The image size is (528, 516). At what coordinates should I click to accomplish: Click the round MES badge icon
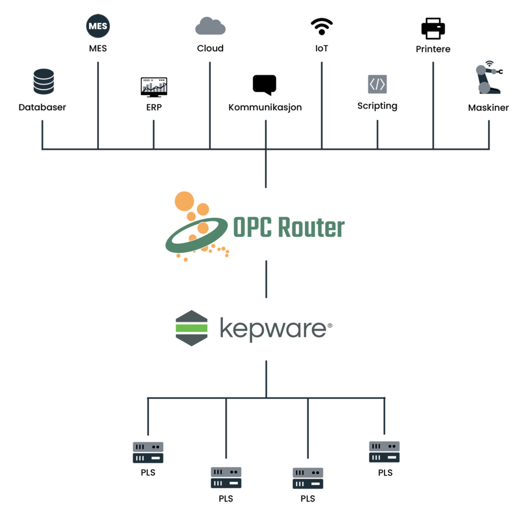[x=98, y=27]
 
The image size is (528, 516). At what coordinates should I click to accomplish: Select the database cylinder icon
[x=44, y=81]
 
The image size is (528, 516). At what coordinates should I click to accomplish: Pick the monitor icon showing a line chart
[x=154, y=87]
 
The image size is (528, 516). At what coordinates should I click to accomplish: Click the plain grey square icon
[x=377, y=84]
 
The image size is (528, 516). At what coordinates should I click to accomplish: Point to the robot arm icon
[x=487, y=80]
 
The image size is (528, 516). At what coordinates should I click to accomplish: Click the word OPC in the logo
[x=252, y=227]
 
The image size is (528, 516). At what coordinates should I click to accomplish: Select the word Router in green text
[x=311, y=227]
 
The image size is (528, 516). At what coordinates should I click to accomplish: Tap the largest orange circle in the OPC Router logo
[x=184, y=202]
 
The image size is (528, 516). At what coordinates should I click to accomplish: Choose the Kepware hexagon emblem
[x=192, y=328]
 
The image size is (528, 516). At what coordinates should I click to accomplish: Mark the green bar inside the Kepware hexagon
[x=192, y=328]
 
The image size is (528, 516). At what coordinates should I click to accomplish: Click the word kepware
[x=272, y=329]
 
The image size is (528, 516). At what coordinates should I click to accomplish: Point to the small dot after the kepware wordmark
[x=331, y=325]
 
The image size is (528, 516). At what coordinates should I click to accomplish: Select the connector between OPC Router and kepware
[x=266, y=279]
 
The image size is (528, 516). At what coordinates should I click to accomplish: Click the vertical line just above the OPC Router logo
[x=266, y=169]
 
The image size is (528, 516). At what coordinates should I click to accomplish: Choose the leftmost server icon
[x=148, y=452]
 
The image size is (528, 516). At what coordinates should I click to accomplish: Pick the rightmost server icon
[x=384, y=452]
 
